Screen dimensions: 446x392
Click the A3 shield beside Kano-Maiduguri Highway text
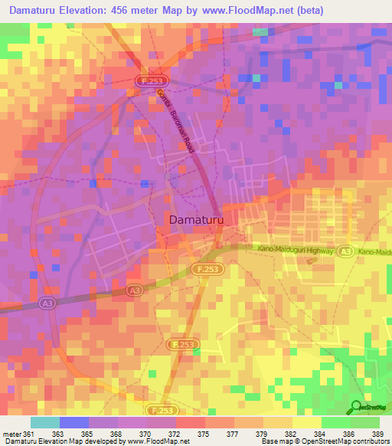point(347,251)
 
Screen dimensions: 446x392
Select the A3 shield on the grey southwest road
point(134,290)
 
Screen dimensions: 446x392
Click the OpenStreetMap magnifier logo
point(357,406)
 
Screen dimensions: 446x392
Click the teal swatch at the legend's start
point(44,422)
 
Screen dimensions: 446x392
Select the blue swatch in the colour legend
point(73,422)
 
